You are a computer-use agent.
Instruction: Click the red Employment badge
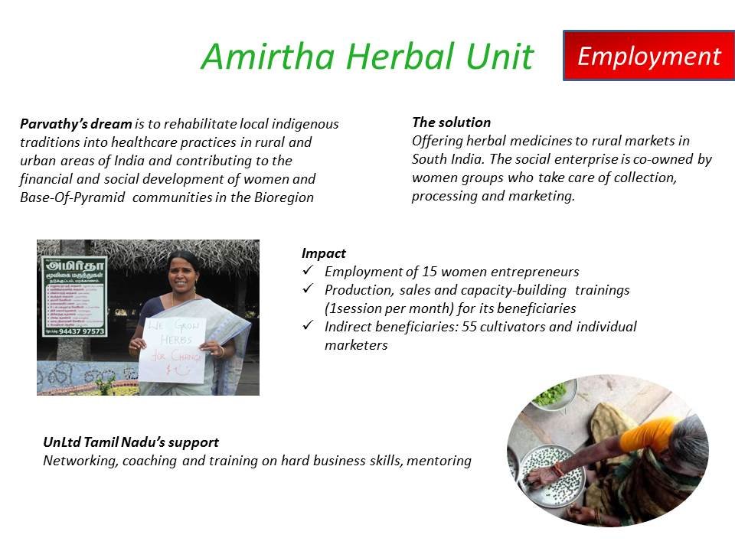[648, 56]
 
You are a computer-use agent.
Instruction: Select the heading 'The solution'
[451, 122]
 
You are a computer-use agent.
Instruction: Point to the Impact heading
[324, 253]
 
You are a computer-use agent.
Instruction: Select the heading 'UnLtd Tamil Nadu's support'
[131, 442]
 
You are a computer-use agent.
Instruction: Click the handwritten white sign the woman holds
[171, 348]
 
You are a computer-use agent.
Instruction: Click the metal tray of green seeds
[554, 468]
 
